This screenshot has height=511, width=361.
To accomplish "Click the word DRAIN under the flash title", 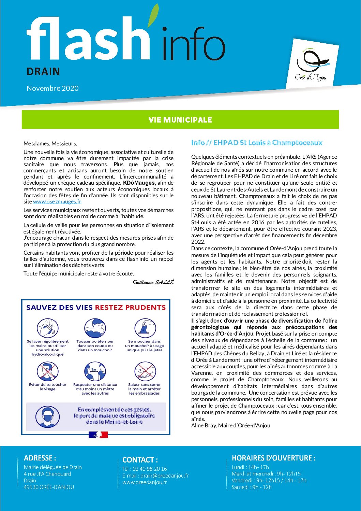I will (x=43, y=72).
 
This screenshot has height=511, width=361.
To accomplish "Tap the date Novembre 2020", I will (x=52, y=88).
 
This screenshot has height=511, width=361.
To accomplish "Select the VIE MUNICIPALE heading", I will (x=180, y=120).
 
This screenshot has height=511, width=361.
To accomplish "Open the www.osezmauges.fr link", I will (x=57, y=202).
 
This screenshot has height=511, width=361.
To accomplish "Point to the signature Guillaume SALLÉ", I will (x=153, y=282).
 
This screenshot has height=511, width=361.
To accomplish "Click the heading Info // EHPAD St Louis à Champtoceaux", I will (x=256, y=143).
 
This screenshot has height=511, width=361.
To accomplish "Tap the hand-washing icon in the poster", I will (x=47, y=328).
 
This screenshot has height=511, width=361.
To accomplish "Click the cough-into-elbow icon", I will (x=95, y=328).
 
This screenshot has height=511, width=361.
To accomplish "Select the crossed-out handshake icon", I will (x=145, y=372).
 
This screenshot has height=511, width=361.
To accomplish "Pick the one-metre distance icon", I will (x=95, y=372).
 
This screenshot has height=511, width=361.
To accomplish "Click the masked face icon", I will (x=47, y=416).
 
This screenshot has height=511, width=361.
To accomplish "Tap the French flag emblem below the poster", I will (x=98, y=435).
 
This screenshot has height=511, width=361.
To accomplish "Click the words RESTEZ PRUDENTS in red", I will (x=130, y=308).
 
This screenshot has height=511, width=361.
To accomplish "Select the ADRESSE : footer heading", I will (x=40, y=458).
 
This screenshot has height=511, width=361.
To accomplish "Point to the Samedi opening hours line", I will (x=251, y=487).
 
